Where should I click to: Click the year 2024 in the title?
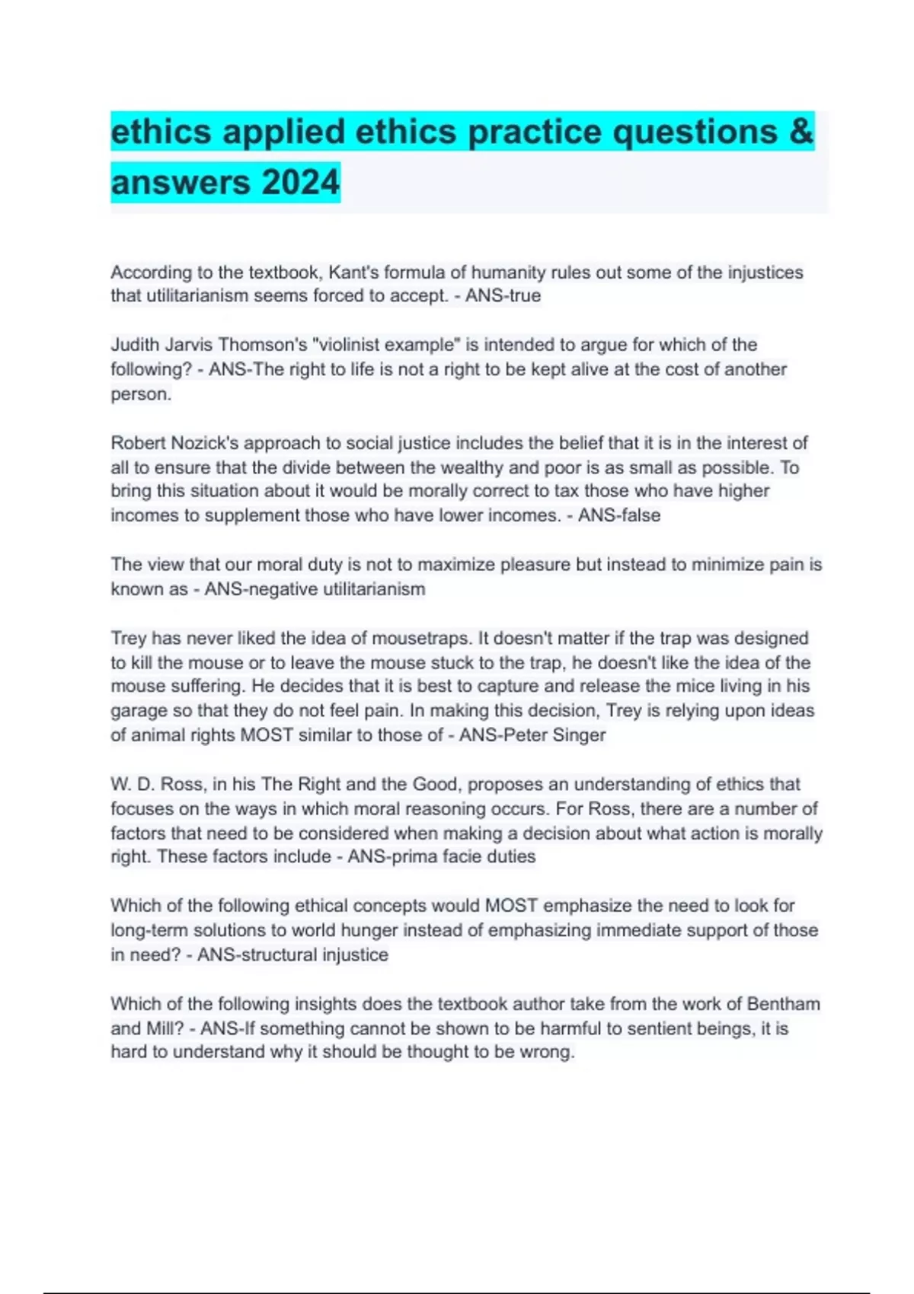301,183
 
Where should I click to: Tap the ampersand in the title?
801,132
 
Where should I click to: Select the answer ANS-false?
618,515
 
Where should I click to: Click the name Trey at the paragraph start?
128,638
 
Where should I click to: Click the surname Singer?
579,735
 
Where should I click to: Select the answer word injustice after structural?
354,955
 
